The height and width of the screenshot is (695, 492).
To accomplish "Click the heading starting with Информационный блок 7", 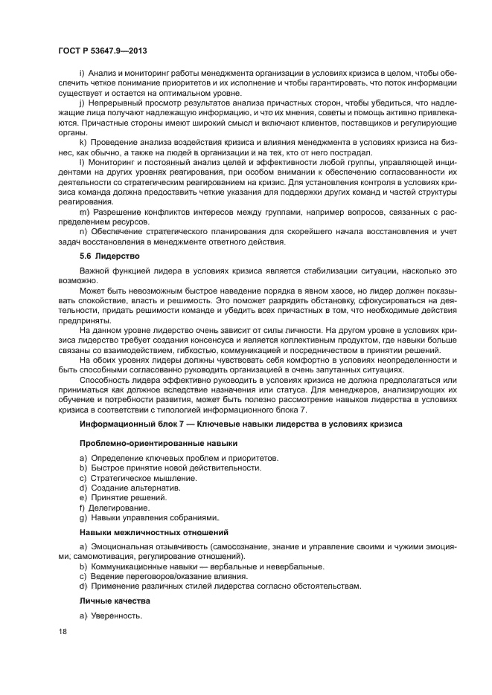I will (240, 424).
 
